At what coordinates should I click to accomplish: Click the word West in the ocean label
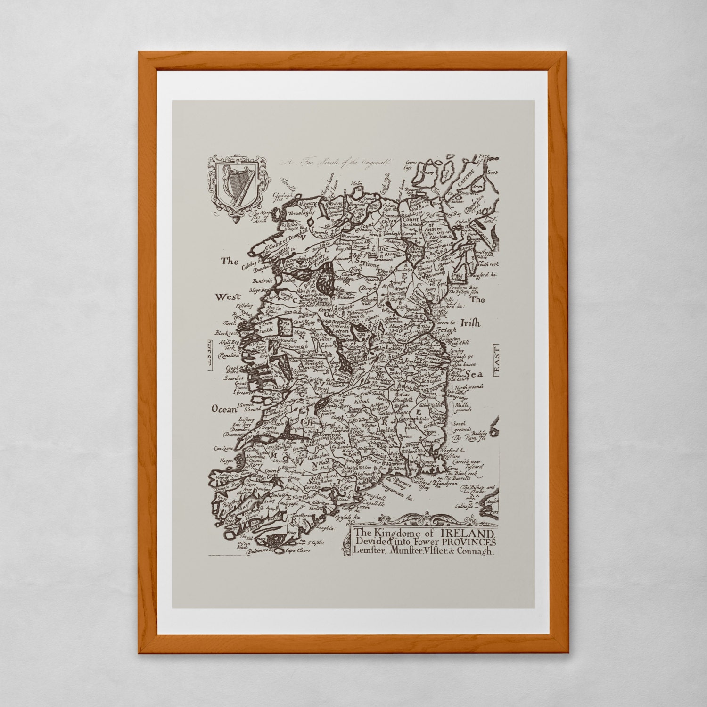pyautogui.click(x=228, y=297)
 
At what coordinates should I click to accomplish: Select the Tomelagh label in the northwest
pyautogui.click(x=298, y=213)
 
